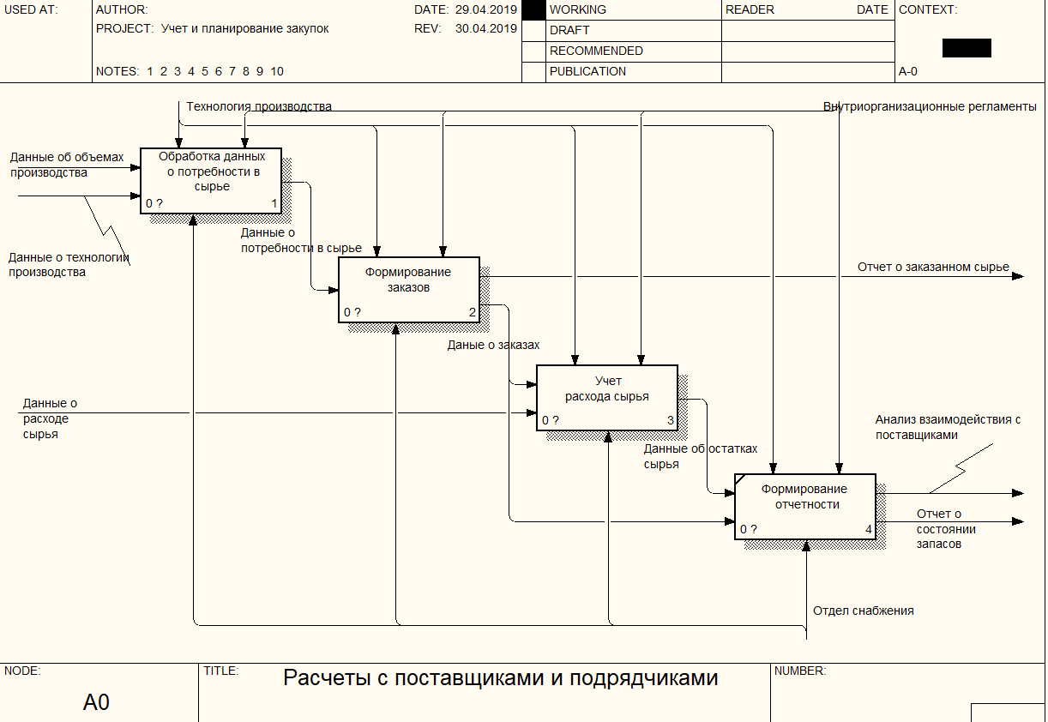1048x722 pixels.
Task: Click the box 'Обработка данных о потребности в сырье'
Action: pos(211,181)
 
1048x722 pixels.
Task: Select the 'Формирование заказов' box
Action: pos(409,290)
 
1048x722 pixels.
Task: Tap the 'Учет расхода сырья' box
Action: pos(607,398)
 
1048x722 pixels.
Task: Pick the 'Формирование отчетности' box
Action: pos(805,506)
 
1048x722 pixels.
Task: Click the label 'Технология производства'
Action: pos(259,106)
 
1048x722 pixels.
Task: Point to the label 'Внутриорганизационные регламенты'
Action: pos(930,106)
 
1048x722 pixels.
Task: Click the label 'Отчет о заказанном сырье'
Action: pos(933,267)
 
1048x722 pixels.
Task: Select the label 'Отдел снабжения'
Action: pos(864,611)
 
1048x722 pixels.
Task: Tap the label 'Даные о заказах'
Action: pos(493,345)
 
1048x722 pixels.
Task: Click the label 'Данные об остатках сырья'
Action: pos(700,456)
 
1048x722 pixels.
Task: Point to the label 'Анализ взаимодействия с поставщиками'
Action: pos(948,427)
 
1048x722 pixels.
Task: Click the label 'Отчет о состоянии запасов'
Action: pos(946,529)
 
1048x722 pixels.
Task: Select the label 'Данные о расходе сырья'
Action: pos(50,418)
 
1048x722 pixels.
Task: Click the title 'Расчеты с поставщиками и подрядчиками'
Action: pos(500,677)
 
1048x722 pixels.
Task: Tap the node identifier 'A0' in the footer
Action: pos(96,702)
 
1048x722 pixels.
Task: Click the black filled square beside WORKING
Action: pos(533,9)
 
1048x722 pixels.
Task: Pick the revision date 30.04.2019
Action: pos(485,28)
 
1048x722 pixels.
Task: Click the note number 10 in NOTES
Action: pos(276,71)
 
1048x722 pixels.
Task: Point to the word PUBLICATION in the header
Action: pos(587,71)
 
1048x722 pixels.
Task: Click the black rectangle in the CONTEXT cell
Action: pos(967,48)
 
